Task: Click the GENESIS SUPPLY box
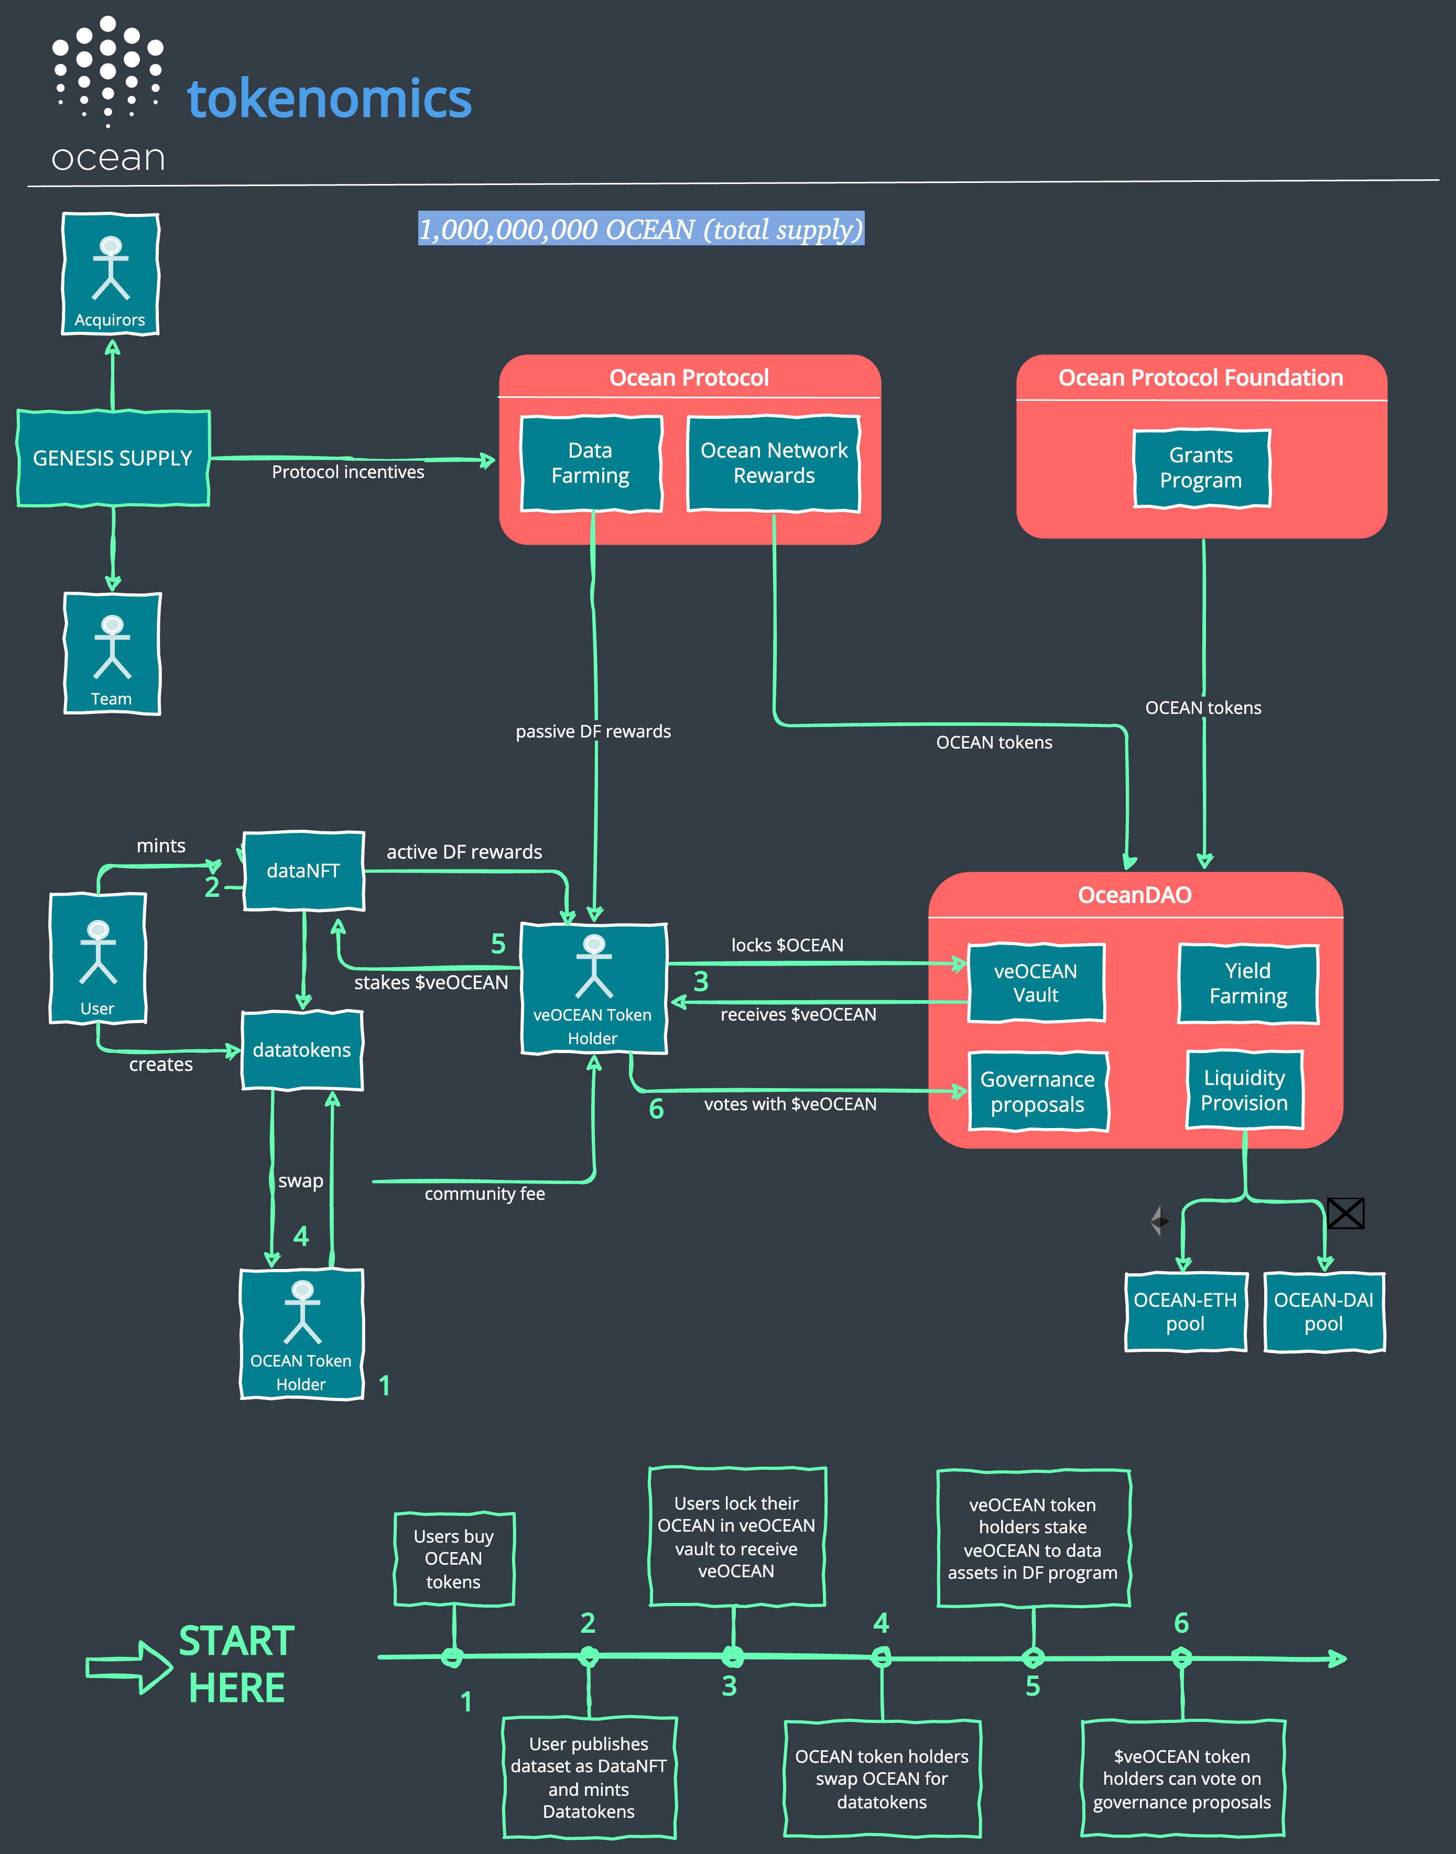click(113, 459)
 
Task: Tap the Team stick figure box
click(112, 654)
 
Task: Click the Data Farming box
click(591, 463)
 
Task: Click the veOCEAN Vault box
click(1036, 983)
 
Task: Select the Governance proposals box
click(1037, 1091)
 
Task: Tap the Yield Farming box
click(1247, 983)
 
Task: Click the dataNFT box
click(303, 870)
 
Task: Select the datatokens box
click(302, 1049)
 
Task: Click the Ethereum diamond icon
click(1159, 1221)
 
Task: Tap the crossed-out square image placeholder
click(1345, 1213)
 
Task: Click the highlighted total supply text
click(641, 229)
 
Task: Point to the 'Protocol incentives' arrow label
click(348, 472)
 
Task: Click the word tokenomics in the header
click(329, 99)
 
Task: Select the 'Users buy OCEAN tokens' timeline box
click(453, 1558)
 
